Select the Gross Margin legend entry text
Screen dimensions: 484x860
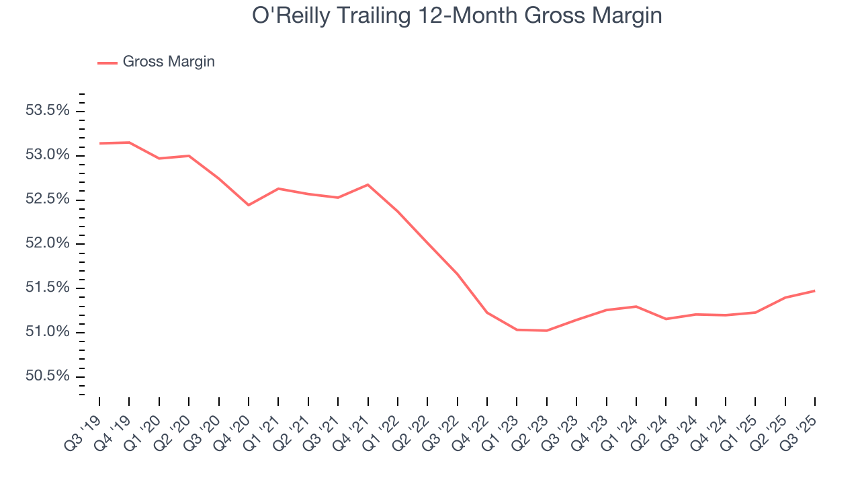[x=169, y=62]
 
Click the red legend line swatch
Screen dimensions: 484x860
[x=107, y=63]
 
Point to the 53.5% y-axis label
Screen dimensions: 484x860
[x=48, y=111]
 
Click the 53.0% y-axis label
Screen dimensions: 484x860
[x=48, y=155]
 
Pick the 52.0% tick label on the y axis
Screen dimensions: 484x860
[x=48, y=243]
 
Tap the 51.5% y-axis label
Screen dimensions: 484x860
[x=48, y=288]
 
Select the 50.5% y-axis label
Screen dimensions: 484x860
[x=48, y=376]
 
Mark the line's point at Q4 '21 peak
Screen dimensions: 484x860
[x=368, y=184]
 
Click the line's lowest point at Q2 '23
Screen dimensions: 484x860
[x=546, y=331]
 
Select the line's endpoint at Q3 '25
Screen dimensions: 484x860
[x=814, y=291]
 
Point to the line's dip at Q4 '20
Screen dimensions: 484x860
[x=249, y=205]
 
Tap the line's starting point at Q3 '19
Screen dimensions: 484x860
[x=99, y=143]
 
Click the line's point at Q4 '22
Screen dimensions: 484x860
[x=486, y=313]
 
